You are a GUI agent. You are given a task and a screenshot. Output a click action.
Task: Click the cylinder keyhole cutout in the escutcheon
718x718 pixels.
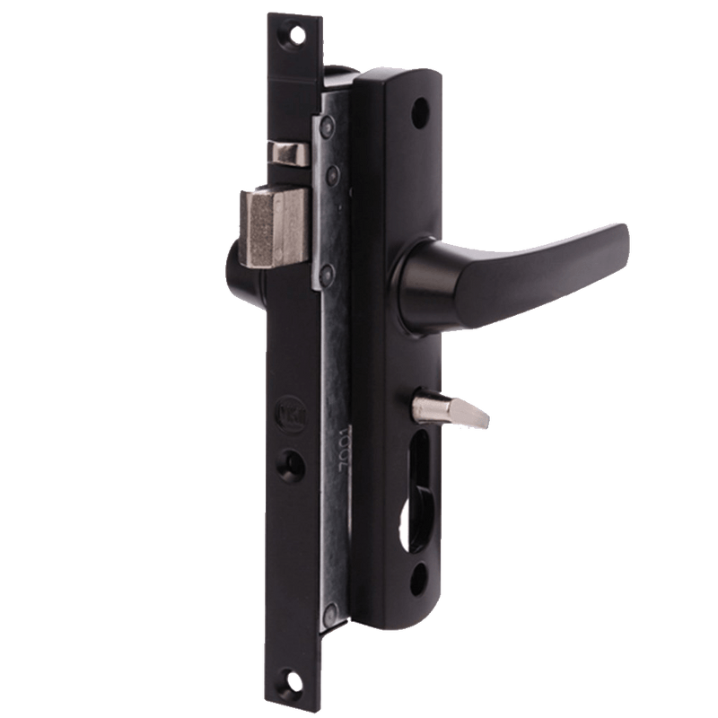419,494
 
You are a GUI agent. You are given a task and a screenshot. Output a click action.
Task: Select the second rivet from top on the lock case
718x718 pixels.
331,171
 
